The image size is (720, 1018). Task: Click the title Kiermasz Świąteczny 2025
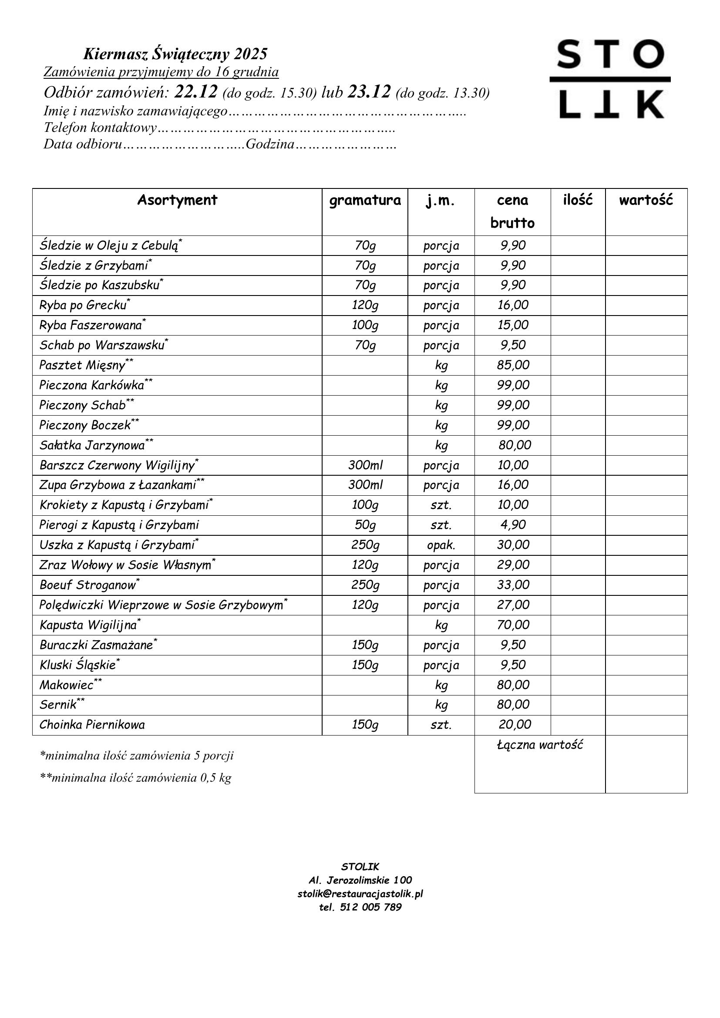pos(175,54)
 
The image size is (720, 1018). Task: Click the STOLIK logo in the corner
pos(610,79)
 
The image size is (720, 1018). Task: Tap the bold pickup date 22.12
pos(196,92)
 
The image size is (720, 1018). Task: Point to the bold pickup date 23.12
pos(369,92)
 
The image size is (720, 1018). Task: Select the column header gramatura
pos(364,200)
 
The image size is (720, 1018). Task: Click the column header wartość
pos(646,200)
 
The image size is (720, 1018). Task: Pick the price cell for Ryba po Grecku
pos(512,305)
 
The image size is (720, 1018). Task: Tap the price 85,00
pos(512,365)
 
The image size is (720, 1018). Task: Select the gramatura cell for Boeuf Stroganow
pos(364,585)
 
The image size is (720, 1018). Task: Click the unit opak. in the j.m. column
pos(441,545)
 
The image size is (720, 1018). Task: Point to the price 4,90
pos(512,525)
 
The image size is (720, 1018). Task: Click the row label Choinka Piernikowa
pos(92,725)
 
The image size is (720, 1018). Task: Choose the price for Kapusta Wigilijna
pos(512,625)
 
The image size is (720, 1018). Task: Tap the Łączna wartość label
pos(539,745)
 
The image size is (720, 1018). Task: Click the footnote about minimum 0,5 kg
pos(136,778)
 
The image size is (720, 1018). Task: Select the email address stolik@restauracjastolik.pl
pos(360,894)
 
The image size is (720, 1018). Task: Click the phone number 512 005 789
pos(370,907)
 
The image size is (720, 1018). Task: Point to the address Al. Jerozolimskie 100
pos(360,880)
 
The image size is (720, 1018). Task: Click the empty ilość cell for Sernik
pos(578,705)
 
